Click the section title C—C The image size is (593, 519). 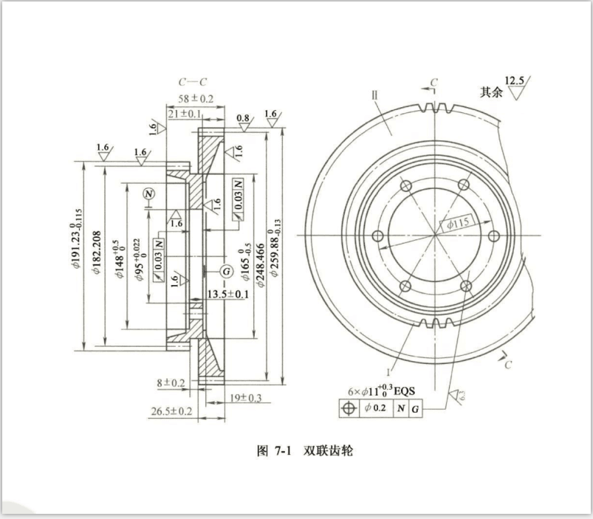[194, 82]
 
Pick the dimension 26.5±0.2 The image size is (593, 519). [171, 410]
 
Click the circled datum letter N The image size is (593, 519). [151, 194]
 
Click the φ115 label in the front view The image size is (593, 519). [458, 221]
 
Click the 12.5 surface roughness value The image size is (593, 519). [515, 80]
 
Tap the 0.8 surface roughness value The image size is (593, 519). [242, 118]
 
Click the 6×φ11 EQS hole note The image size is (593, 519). [383, 390]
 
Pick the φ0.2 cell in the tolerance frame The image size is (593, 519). [374, 408]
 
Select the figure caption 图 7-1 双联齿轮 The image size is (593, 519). [304, 450]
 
